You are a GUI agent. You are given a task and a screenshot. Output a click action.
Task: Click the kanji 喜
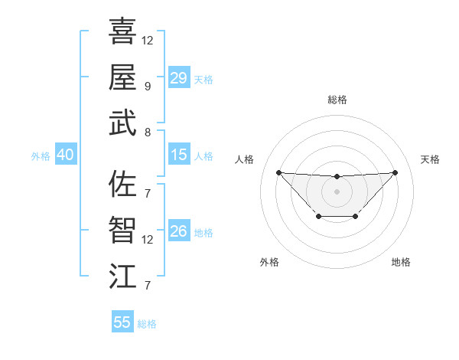[x=122, y=31]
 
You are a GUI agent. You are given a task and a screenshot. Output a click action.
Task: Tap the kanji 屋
[x=122, y=77]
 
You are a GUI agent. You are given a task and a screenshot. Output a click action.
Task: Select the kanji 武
[x=122, y=123]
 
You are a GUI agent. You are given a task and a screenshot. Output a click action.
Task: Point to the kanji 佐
[x=122, y=184]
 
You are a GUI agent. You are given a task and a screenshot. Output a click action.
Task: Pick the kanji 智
[x=122, y=231]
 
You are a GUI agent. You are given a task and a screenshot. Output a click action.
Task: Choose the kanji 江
[x=122, y=277]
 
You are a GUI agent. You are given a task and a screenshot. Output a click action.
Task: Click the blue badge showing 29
[x=178, y=78]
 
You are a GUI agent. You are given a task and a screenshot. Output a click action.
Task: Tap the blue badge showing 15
[x=178, y=155]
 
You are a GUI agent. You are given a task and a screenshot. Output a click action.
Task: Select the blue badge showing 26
[x=178, y=232]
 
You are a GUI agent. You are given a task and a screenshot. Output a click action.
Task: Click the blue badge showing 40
[x=65, y=155]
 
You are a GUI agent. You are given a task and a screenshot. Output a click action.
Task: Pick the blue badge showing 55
[x=122, y=322]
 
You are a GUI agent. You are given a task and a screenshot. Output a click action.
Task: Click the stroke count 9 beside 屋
[x=148, y=86]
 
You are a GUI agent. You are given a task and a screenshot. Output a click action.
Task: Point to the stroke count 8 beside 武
[x=148, y=132]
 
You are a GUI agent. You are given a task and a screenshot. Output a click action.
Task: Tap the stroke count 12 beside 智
[x=148, y=240]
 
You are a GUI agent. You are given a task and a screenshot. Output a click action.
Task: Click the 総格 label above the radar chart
[x=337, y=100]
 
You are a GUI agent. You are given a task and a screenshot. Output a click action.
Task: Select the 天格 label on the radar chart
[x=430, y=159]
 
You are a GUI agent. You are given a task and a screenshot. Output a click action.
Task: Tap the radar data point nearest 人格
[x=278, y=172]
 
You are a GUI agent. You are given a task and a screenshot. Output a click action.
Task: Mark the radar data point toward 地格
[x=356, y=217]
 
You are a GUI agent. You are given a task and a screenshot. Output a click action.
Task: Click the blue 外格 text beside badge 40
[x=41, y=156]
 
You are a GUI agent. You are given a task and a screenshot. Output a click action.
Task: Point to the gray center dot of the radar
[x=337, y=191]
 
